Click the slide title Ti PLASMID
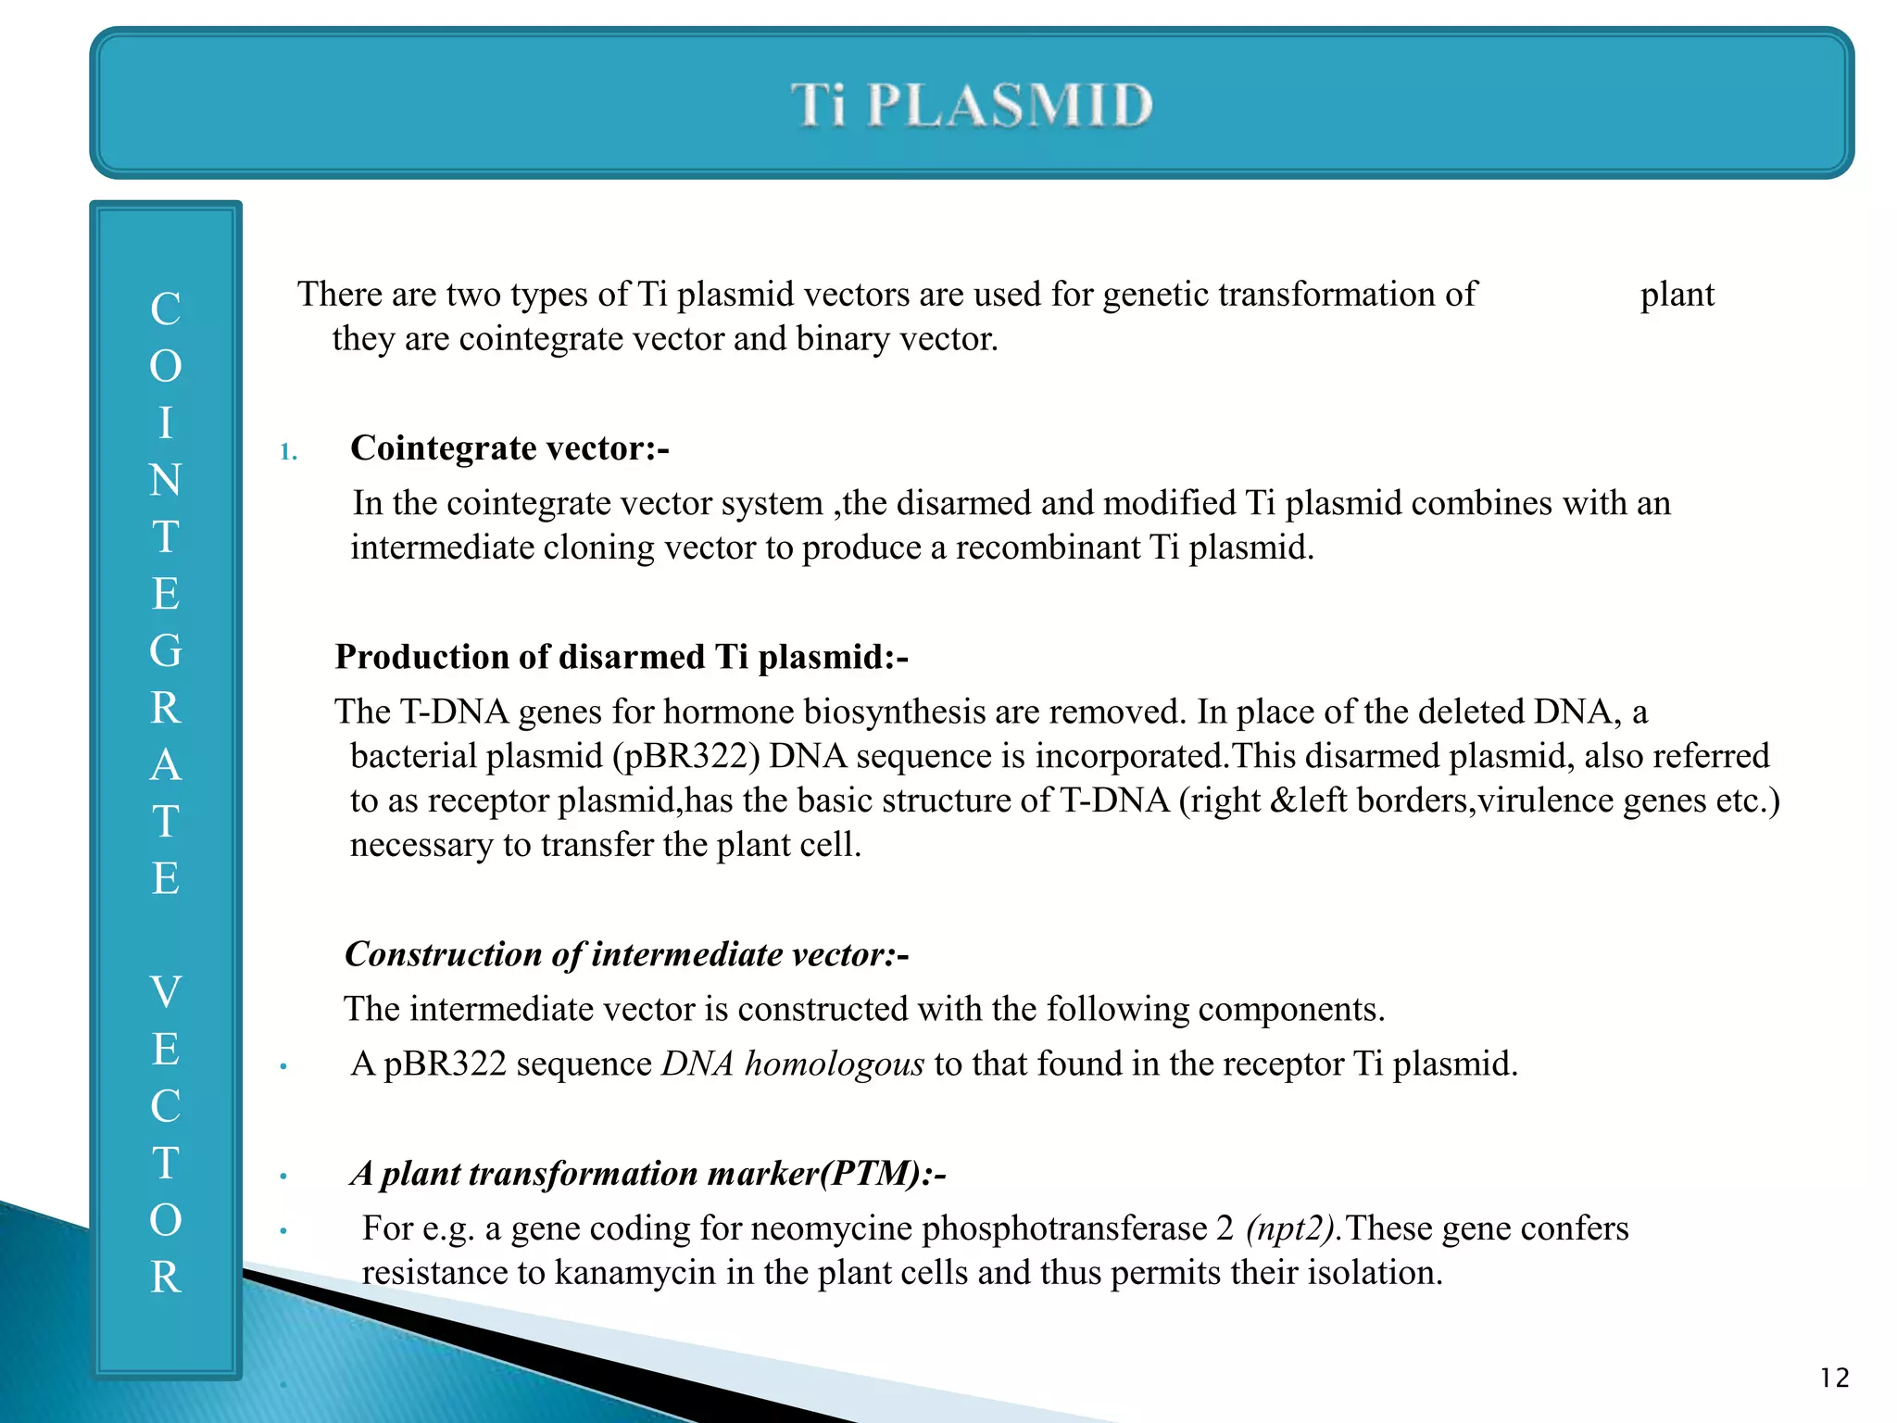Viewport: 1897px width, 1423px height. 972,104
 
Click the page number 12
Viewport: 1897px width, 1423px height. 1834,1378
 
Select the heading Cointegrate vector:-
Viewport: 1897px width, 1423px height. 509,448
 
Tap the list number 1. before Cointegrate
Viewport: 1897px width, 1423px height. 288,452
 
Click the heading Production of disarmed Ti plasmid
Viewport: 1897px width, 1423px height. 622,657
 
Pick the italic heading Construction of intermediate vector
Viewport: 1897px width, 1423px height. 626,954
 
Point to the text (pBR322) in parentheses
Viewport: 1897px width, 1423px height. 685,756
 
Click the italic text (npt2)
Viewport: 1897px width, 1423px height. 1293,1228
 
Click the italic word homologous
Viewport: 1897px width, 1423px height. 834,1064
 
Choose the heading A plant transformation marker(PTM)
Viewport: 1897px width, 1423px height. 647,1174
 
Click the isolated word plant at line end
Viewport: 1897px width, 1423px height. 1677,295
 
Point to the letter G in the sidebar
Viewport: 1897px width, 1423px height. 166,651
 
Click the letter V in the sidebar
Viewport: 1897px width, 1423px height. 166,992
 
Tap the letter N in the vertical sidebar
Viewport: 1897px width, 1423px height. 166,480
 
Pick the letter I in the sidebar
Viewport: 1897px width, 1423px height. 166,423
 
